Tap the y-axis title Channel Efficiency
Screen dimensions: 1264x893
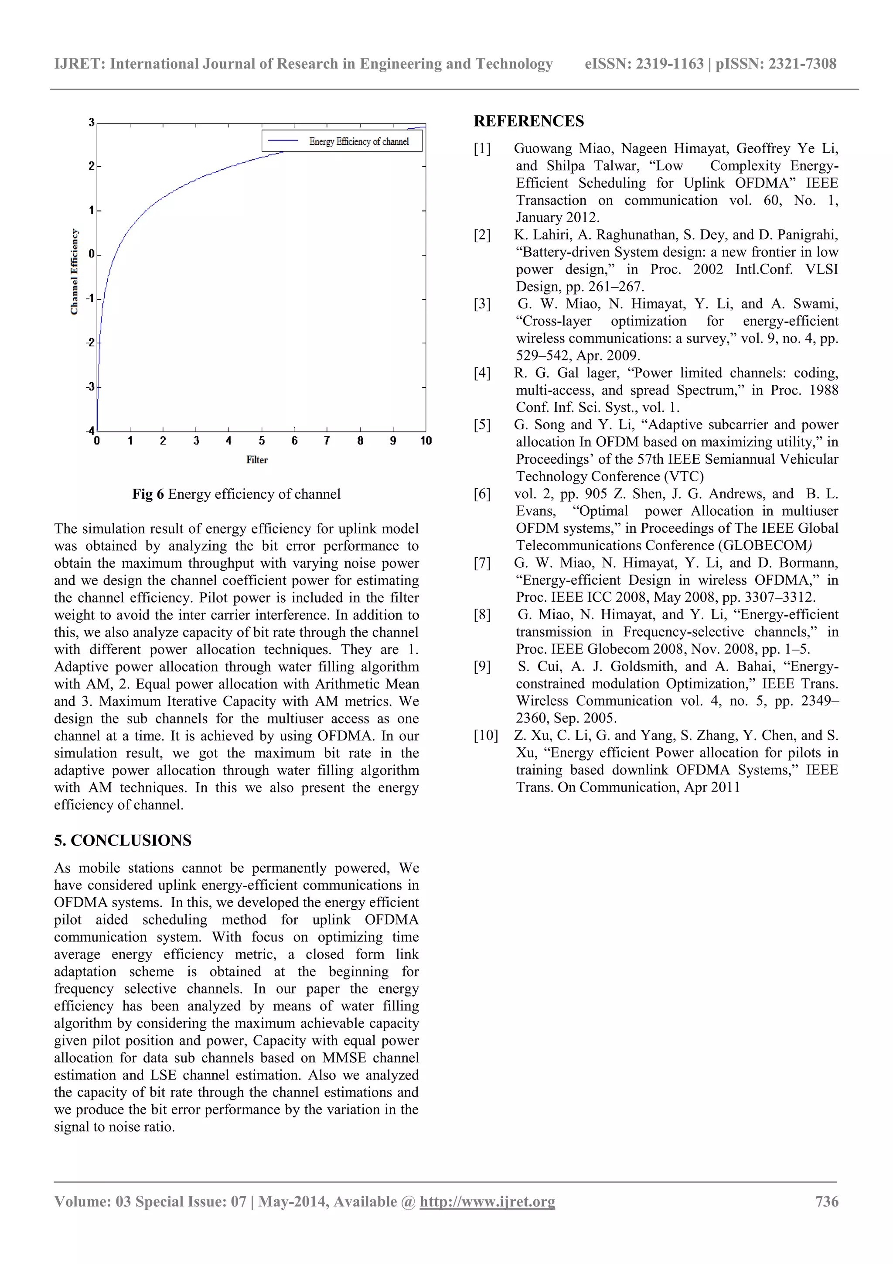point(74,272)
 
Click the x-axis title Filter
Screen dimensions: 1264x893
point(256,460)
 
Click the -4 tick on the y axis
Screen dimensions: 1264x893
point(90,431)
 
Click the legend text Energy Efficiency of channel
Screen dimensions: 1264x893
point(359,141)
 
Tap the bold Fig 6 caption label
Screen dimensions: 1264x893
point(148,494)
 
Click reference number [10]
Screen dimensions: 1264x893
point(485,736)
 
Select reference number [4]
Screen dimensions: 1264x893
point(482,373)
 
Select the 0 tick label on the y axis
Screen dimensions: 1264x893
point(91,254)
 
